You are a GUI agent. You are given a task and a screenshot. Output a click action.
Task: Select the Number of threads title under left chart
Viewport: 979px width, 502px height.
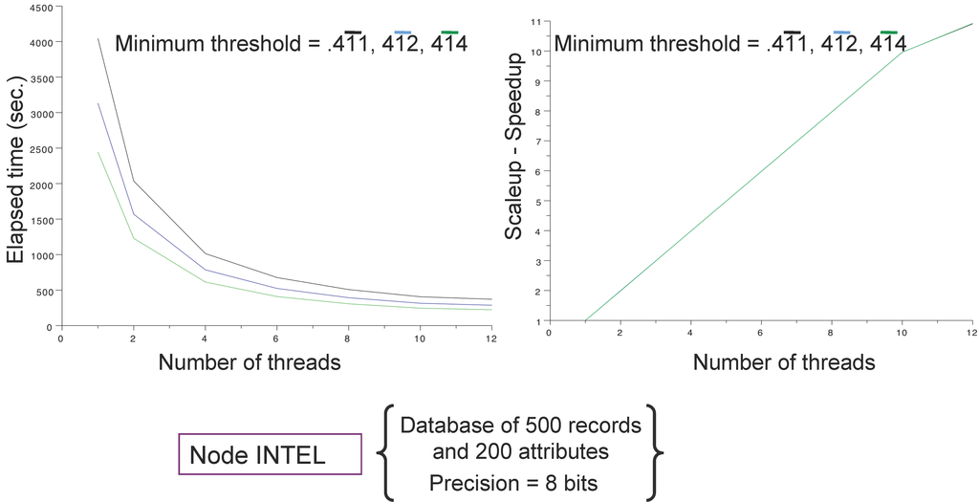tap(249, 361)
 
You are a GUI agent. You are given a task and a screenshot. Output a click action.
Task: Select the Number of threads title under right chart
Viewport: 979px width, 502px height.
tap(784, 361)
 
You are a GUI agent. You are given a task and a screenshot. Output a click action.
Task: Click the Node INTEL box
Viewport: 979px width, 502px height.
tap(270, 454)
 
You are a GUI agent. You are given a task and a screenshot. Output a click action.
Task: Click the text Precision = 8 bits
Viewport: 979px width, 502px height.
tap(512, 483)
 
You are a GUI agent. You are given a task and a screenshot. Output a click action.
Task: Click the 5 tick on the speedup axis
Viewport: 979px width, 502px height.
tap(538, 202)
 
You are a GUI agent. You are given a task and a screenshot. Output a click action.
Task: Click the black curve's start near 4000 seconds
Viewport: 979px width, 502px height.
tap(98, 39)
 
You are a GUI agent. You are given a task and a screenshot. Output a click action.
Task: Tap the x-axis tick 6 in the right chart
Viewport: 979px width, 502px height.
tap(760, 332)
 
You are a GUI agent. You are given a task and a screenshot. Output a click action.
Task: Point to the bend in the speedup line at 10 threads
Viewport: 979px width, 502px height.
tap(903, 52)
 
